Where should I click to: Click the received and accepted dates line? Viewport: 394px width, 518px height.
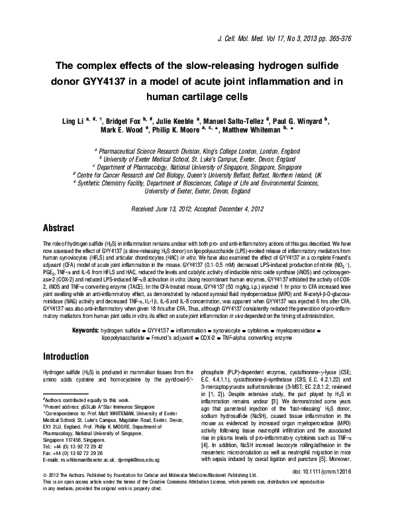197,208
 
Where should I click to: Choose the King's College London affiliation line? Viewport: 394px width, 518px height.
197,150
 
